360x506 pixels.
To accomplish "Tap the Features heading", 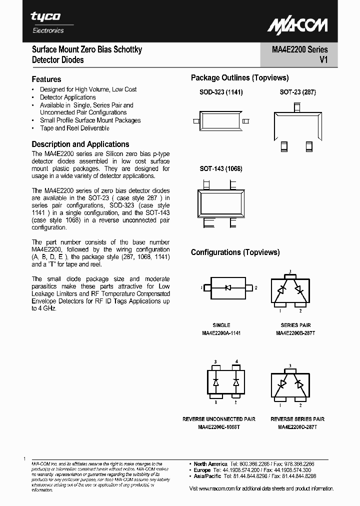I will tap(46, 79).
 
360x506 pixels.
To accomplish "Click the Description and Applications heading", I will tap(80, 144).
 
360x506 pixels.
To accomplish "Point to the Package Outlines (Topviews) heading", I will tap(239, 77).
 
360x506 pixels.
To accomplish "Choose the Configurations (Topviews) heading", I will tap(235, 252).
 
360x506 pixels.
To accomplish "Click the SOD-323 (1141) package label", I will tap(221, 92).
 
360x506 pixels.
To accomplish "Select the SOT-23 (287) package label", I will tap(297, 92).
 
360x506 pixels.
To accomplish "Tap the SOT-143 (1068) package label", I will tap(221, 169).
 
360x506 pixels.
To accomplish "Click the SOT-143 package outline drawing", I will tap(221, 203).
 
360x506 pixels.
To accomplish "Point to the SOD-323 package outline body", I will tap(221, 121).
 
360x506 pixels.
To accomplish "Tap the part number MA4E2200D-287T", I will tap(297, 427).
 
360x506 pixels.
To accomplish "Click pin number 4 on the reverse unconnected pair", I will tap(236, 361).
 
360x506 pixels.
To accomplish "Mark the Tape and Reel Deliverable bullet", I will tap(74, 128).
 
